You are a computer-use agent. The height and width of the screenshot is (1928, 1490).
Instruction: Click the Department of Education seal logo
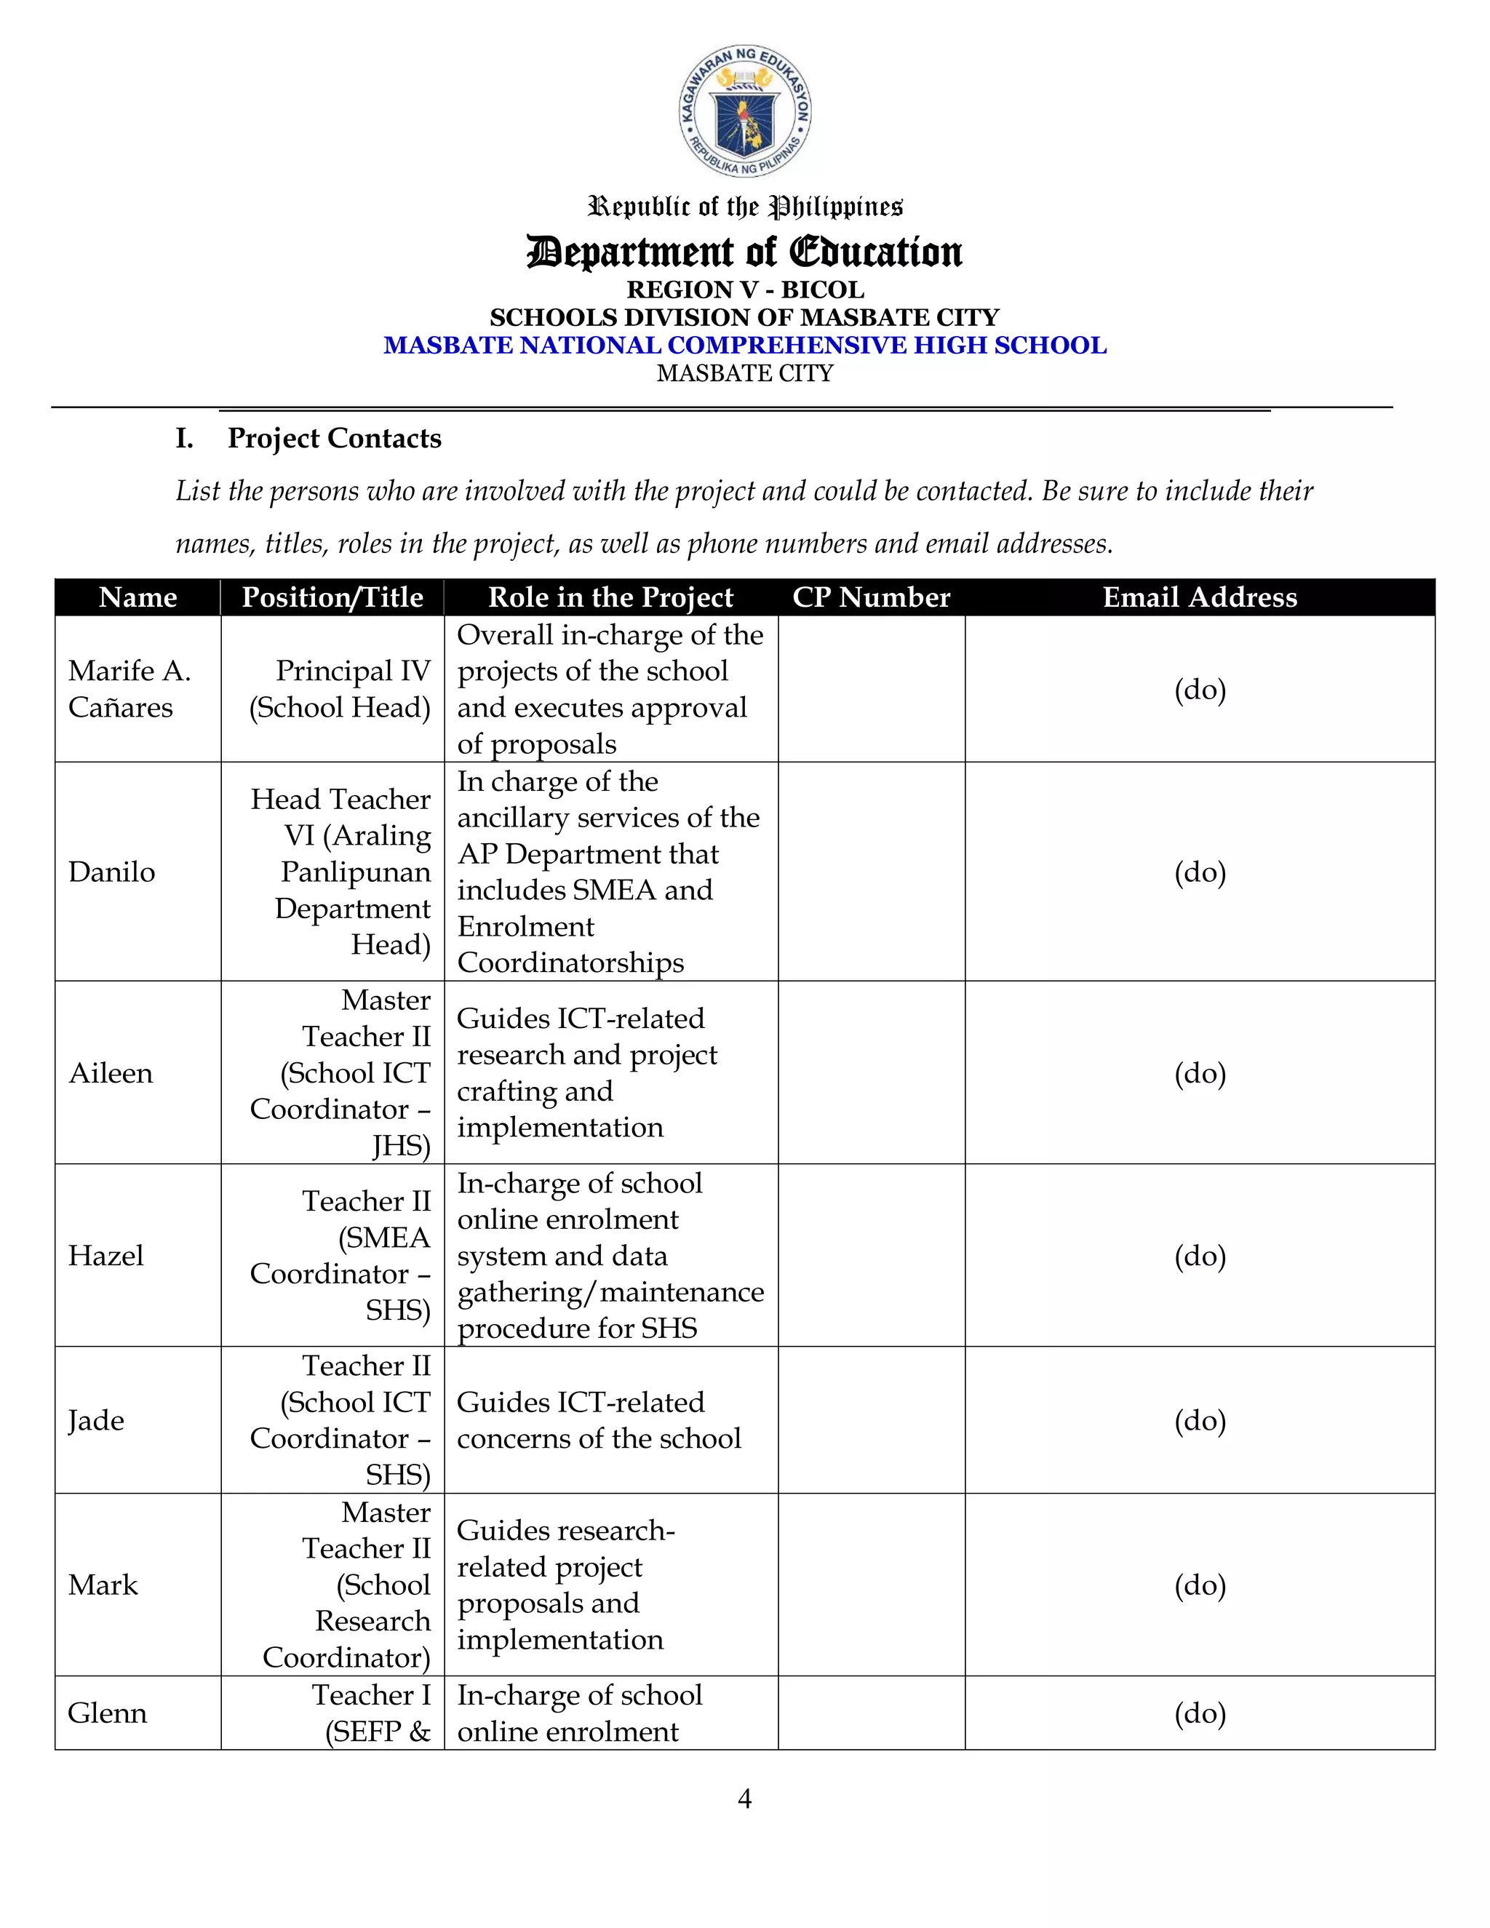click(745, 111)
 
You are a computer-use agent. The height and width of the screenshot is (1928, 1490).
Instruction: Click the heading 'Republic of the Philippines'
click(745, 207)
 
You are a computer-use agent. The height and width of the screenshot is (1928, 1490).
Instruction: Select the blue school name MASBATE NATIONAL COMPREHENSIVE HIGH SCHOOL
click(745, 345)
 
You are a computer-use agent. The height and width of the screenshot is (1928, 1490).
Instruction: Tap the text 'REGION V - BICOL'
click(745, 290)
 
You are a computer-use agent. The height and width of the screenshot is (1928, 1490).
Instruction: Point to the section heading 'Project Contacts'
click(334, 438)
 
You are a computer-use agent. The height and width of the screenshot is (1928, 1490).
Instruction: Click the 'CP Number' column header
click(870, 597)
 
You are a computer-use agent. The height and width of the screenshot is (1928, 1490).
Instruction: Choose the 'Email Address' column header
click(1199, 597)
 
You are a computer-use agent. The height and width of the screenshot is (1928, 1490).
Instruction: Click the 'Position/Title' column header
click(332, 597)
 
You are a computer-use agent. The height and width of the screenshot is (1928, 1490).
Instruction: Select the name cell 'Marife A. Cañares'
click(130, 688)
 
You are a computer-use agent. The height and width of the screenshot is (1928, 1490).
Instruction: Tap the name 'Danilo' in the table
click(112, 872)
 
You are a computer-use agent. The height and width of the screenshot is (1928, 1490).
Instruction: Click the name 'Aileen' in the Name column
click(111, 1072)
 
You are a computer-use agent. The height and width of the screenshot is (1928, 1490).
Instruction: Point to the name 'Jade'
click(96, 1420)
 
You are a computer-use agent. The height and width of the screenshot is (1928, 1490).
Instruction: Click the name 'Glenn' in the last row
click(108, 1713)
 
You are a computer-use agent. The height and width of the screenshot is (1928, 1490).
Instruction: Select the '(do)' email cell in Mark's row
click(1200, 1585)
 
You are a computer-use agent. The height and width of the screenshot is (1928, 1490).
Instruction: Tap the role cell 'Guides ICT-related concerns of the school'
click(599, 1420)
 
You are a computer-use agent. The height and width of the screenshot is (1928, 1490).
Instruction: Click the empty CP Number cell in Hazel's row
click(871, 1255)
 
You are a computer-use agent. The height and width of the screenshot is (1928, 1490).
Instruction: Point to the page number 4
click(744, 1798)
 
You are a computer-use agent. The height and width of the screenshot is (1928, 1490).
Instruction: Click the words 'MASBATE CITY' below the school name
click(745, 373)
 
